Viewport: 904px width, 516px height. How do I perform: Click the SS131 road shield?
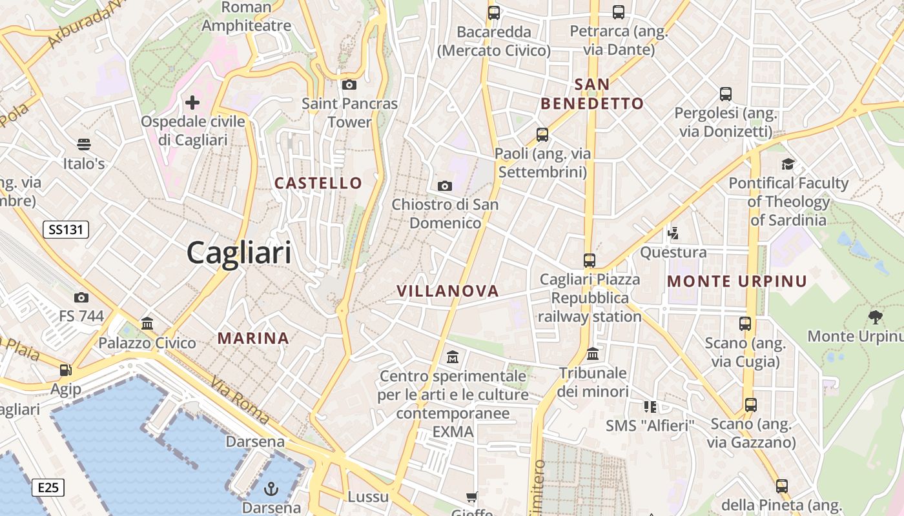[x=66, y=229]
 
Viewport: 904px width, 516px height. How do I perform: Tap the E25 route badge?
[x=48, y=487]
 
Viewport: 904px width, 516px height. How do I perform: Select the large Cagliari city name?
[x=239, y=253]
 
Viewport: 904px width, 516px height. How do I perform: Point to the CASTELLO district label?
[x=318, y=183]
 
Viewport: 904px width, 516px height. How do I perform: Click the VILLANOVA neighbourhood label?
[x=448, y=291]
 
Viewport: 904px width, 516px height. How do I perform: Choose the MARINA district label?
[x=253, y=338]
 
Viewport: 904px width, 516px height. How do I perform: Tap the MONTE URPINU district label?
[x=737, y=281]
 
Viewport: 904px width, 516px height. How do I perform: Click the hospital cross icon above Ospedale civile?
[x=192, y=102]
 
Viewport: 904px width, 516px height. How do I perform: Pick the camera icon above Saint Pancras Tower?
[x=349, y=84]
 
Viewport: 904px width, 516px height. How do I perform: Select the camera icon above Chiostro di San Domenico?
[x=445, y=186]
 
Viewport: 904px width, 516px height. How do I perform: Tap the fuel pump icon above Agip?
[x=65, y=370]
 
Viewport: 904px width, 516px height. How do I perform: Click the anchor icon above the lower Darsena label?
[x=272, y=488]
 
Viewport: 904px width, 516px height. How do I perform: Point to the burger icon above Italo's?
[x=84, y=144]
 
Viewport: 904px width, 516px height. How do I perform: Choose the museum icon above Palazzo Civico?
[x=147, y=323]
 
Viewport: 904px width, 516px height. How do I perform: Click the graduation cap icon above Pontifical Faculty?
[x=788, y=164]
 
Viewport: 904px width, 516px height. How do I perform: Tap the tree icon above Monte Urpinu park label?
[x=876, y=317]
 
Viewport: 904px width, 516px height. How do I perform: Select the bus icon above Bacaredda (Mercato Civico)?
[x=494, y=12]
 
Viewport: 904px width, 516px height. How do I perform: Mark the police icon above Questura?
[x=673, y=232]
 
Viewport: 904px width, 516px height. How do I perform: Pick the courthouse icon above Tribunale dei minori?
[x=593, y=353]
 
